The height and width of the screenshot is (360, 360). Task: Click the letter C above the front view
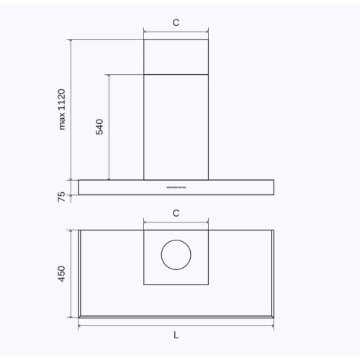(176, 22)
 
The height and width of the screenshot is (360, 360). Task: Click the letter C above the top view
(176, 213)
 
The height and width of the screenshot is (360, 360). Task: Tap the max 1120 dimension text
(62, 109)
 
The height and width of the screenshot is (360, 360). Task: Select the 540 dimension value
(99, 127)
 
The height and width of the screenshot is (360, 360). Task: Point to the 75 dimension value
(61, 197)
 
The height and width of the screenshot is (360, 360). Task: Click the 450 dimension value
(61, 274)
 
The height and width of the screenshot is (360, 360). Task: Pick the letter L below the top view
(176, 335)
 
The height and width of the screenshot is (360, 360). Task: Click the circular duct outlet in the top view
(176, 240)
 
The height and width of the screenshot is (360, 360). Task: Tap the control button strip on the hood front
(176, 187)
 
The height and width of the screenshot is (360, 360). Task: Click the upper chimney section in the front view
(176, 57)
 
